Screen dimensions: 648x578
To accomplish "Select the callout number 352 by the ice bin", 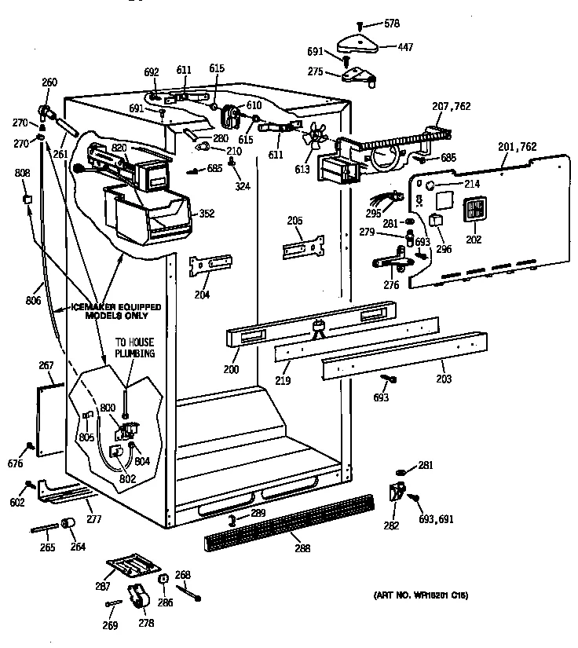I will [207, 214].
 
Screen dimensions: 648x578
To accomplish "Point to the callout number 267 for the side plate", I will [46, 364].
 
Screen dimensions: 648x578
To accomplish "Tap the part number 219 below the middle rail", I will [284, 379].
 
